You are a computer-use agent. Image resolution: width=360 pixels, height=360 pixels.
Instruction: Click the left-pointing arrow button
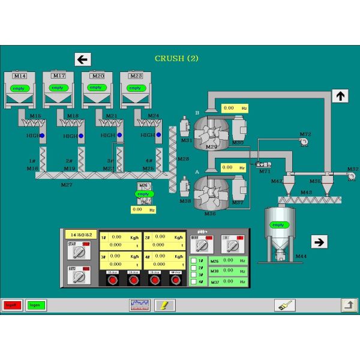83,59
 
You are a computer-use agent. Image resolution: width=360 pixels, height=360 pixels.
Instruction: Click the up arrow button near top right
340,95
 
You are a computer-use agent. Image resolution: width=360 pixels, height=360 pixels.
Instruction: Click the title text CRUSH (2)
176,58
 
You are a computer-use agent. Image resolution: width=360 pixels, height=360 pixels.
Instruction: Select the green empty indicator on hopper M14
19,88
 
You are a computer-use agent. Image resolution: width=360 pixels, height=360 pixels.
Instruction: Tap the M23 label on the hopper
135,76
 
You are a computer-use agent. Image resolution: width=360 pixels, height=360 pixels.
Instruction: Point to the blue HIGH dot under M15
42,136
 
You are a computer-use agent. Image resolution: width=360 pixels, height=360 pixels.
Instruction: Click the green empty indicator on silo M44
278,225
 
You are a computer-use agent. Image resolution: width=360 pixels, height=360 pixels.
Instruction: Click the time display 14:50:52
80,235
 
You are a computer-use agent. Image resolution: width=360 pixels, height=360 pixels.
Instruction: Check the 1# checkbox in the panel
194,260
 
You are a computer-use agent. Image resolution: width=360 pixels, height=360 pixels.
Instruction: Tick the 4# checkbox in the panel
194,282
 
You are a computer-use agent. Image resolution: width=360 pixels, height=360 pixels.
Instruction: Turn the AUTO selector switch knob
79,277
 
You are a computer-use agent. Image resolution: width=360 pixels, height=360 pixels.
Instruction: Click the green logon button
35,305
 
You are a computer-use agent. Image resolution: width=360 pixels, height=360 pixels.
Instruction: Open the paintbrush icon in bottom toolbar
284,305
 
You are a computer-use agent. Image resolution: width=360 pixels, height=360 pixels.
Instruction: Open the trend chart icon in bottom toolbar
139,305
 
